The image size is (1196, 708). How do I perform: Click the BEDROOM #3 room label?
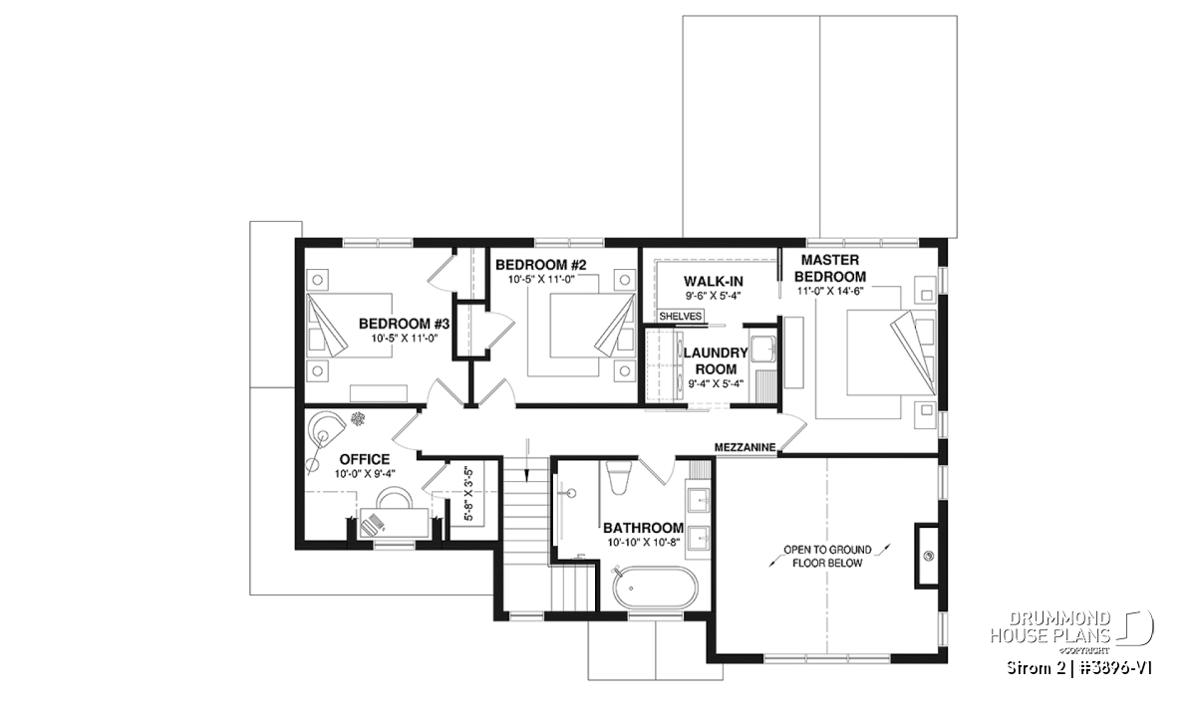click(x=405, y=324)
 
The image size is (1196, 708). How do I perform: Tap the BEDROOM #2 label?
click(x=541, y=265)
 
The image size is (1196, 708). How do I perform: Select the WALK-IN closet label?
click(x=714, y=281)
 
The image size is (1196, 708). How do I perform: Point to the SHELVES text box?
click(x=680, y=316)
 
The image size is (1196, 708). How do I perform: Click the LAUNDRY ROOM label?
click(x=716, y=361)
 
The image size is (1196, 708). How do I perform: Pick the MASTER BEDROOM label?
click(x=830, y=269)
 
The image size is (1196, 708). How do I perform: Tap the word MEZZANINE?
click(x=745, y=448)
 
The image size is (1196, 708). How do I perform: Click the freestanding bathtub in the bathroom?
click(x=655, y=587)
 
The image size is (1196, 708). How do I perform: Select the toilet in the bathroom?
click(x=619, y=478)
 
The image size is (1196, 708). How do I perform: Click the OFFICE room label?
click(x=365, y=459)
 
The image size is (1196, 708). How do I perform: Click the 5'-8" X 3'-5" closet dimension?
click(x=468, y=494)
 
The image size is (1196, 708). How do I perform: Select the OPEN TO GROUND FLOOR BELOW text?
click(x=827, y=556)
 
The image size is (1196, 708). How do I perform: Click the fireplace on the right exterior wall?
click(x=930, y=556)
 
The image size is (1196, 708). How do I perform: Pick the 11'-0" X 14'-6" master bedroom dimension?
click(x=830, y=291)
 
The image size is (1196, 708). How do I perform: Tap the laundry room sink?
click(x=763, y=349)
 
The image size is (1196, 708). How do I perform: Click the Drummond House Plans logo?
click(x=1071, y=632)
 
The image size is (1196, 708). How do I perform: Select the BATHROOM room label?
click(x=644, y=528)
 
